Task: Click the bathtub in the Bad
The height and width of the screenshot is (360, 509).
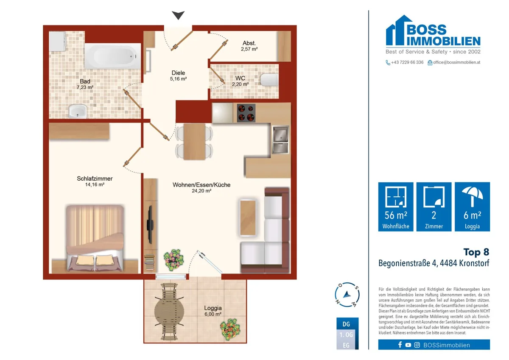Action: point(113,56)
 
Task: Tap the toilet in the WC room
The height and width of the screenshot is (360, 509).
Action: point(269,79)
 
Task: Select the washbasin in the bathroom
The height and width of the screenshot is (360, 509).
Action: point(78,111)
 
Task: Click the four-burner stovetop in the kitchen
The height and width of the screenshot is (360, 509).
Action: point(246,113)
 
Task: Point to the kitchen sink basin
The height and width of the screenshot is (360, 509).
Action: point(281,134)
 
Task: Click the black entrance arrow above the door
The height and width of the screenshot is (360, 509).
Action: point(178,15)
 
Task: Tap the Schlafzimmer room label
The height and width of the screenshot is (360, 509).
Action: point(95,179)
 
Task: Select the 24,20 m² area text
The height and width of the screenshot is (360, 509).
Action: point(201,191)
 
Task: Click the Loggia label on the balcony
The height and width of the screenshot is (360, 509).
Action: point(213,308)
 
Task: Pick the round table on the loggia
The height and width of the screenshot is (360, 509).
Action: point(169,311)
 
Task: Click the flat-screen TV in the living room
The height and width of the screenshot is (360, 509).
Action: point(150,225)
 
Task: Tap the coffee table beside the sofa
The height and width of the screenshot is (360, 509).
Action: point(248,218)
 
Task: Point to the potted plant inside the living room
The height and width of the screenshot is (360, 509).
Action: point(173,260)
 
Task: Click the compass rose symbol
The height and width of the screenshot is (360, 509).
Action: point(347,295)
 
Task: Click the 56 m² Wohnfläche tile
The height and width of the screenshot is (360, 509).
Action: point(396,207)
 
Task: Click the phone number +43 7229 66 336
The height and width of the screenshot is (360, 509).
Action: point(407,62)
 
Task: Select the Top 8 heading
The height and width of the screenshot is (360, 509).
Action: point(476,252)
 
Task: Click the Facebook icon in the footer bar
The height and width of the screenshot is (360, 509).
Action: point(400,345)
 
